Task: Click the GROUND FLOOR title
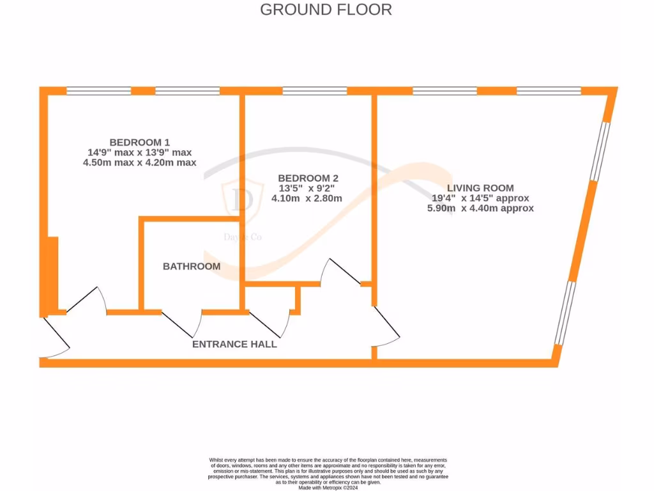pos(326,10)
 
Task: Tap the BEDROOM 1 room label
pos(139,142)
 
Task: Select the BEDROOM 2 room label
pos(308,178)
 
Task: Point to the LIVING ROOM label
pos(480,188)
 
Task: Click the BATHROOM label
pos(191,266)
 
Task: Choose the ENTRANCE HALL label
pos(234,344)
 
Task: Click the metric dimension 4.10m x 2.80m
pos(307,198)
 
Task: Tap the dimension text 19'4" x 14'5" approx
pos(480,198)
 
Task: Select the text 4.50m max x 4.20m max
pos(139,162)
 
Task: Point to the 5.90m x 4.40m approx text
pos(480,208)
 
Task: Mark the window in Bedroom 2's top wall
pos(315,91)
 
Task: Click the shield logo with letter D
pos(243,199)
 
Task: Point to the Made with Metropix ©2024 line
pos(328,488)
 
